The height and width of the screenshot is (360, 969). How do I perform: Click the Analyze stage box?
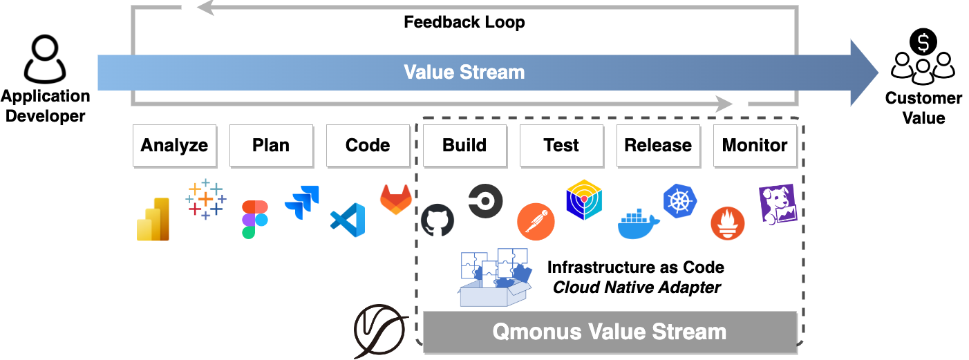coord(174,146)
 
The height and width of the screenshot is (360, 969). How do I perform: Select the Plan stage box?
coord(271,146)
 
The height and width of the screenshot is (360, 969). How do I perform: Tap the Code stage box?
coord(368,146)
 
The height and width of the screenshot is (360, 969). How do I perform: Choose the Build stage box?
coord(464,146)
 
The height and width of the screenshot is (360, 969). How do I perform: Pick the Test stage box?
coord(561,146)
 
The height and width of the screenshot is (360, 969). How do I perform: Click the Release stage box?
coord(658,146)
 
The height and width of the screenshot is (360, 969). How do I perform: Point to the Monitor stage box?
coord(755,146)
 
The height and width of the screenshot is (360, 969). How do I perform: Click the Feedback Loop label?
coord(464,22)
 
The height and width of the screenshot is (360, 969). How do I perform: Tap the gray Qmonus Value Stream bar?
coord(610,332)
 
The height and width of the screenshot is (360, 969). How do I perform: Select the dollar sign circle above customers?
coord(923,43)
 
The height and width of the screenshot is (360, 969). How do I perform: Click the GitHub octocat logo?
coord(438,220)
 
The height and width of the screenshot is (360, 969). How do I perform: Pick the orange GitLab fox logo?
coord(396,199)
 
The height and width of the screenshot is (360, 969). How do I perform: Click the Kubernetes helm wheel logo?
coord(680,200)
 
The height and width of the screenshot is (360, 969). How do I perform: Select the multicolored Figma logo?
coord(255,219)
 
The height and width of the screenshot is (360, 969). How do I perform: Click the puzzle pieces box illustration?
coord(495,277)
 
